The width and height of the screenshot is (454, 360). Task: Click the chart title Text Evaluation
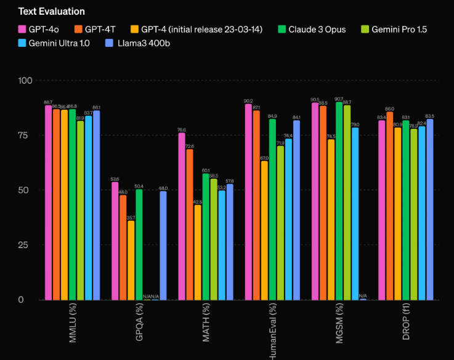pos(52,11)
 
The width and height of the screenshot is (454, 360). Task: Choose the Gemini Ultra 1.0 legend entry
pos(55,43)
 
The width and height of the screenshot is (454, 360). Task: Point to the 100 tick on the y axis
pos(25,81)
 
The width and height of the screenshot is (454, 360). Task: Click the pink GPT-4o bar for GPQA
pos(115,241)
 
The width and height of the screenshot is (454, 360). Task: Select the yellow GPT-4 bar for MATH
pos(198,252)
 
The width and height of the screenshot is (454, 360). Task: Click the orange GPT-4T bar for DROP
pos(389,206)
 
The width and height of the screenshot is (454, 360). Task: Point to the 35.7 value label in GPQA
pos(131,218)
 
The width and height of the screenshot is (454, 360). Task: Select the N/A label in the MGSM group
pos(363,296)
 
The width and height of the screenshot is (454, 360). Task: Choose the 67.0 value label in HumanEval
pos(264,158)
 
